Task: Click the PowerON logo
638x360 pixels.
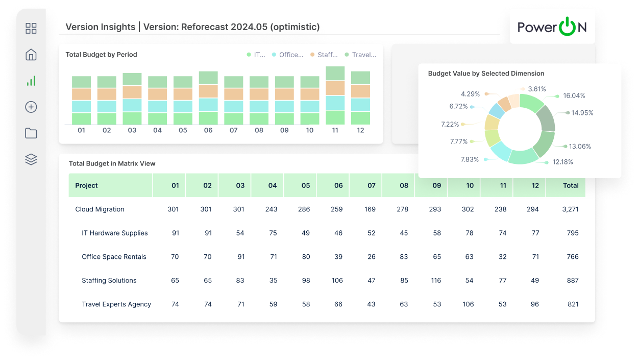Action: click(552, 27)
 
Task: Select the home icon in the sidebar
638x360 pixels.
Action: click(31, 55)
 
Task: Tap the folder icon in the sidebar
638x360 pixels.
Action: click(31, 133)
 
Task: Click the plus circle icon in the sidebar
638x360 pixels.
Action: click(31, 107)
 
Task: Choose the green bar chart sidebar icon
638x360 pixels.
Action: click(31, 81)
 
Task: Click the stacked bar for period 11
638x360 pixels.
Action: click(335, 96)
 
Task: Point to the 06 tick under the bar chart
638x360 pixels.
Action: click(208, 130)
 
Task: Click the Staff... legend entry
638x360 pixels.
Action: click(327, 55)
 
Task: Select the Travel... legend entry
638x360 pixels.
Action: click(364, 55)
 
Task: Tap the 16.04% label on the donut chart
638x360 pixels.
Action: click(574, 95)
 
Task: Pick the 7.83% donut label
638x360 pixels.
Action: click(470, 159)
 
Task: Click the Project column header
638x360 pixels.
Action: click(86, 185)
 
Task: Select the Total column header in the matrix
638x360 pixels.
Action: click(571, 185)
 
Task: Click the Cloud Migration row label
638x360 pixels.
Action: click(100, 209)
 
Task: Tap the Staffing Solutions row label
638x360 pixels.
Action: click(109, 280)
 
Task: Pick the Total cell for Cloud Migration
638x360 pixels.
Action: click(571, 209)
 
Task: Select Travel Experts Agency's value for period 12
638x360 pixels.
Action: click(535, 304)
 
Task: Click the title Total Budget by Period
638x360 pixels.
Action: click(101, 55)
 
